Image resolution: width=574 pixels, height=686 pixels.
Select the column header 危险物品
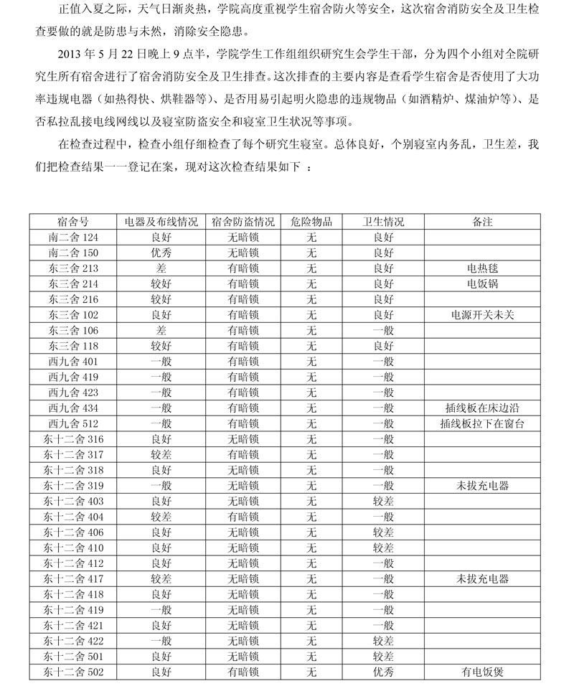[x=311, y=222]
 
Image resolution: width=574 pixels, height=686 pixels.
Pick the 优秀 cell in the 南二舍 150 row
[x=161, y=253]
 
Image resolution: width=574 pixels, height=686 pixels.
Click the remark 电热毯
[x=482, y=268]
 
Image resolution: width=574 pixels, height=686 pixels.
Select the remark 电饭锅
[x=482, y=284]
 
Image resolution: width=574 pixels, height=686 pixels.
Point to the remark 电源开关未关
[x=482, y=315]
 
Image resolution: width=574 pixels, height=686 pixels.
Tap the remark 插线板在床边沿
[x=482, y=408]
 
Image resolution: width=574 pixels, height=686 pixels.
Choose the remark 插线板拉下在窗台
[x=482, y=423]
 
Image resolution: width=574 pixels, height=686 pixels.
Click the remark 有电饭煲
[x=482, y=672]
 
